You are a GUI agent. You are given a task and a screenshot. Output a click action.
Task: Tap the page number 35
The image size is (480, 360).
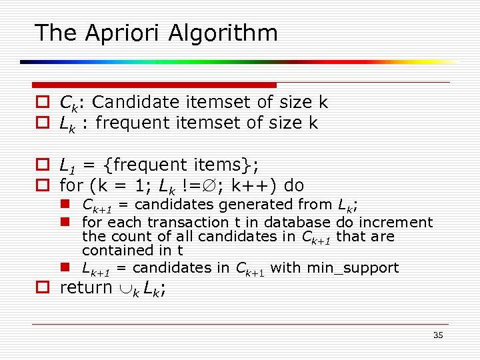click(x=438, y=335)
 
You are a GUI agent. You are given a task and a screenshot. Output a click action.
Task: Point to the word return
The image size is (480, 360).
click(x=86, y=288)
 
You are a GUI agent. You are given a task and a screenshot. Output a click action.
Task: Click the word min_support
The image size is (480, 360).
click(x=353, y=268)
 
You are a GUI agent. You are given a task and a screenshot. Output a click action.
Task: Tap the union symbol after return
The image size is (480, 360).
click(x=123, y=289)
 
